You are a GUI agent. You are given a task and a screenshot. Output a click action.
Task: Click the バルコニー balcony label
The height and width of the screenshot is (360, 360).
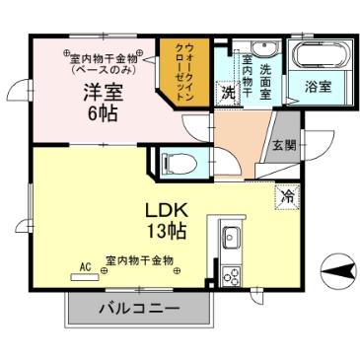[x=139, y=309]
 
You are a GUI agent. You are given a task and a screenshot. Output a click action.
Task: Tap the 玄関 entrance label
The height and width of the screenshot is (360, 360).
[x=284, y=146]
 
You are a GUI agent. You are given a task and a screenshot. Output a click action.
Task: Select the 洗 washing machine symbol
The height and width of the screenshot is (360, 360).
[x=228, y=95]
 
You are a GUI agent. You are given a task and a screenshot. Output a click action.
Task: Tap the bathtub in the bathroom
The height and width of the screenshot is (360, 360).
[x=317, y=56]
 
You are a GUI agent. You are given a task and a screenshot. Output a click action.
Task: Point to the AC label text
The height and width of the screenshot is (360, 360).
[x=86, y=265]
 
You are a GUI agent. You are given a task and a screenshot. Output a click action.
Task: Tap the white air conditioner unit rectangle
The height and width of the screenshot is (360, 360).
[x=86, y=277]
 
